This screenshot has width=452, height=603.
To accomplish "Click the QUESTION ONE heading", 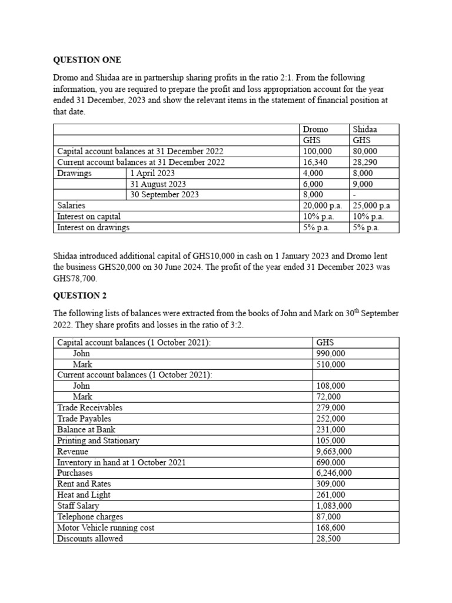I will (87, 60).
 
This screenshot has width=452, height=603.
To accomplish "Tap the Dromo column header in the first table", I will (315, 130).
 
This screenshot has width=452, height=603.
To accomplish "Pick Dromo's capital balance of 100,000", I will (317, 151).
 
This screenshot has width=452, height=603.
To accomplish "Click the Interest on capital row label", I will (89, 216).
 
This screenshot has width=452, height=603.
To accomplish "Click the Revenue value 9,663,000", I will (334, 452).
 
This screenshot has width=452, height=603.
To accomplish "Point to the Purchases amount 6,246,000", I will (334, 473).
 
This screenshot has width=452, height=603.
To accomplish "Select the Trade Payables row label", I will (84, 419).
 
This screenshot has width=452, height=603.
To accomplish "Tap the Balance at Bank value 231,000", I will (331, 430).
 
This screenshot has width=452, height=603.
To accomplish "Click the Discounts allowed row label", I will (90, 538).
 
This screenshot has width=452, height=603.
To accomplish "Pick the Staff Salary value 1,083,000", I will (334, 506).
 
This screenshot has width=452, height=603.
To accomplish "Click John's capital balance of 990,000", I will (331, 353).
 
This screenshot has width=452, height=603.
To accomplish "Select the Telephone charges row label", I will (90, 516).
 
